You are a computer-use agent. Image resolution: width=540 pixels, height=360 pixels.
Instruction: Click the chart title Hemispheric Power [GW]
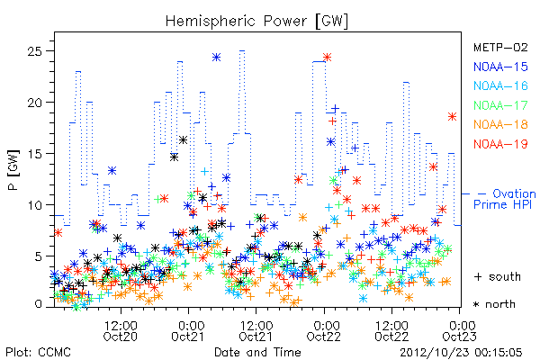(256, 21)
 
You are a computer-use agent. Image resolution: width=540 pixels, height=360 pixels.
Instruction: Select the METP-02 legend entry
(500, 47)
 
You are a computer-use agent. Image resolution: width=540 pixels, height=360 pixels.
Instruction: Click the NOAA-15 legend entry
(500, 67)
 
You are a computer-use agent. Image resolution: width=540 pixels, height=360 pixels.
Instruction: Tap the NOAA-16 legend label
(500, 85)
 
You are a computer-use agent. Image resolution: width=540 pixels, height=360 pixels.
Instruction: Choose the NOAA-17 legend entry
(500, 105)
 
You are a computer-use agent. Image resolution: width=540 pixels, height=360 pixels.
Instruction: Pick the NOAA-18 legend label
(500, 124)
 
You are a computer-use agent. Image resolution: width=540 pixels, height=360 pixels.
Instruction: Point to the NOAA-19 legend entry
(500, 144)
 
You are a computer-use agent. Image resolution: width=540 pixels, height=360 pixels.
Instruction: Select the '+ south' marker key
(498, 276)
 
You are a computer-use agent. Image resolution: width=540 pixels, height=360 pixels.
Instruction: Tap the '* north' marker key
(494, 304)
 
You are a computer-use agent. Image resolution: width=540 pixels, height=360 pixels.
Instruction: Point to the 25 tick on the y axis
(34, 51)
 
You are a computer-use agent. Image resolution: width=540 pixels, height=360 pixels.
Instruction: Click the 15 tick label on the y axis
(34, 154)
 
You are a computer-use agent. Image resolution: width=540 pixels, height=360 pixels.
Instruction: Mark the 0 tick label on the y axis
(38, 304)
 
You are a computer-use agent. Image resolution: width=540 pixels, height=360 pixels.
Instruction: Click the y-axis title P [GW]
(13, 170)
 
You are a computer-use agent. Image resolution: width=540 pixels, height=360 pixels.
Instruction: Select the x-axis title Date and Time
(257, 352)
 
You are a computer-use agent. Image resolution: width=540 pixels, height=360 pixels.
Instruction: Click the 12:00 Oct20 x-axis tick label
(121, 330)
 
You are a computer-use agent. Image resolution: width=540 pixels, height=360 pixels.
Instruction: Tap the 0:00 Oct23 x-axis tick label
(459, 330)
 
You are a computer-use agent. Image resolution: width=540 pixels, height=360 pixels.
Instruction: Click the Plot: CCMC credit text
(38, 352)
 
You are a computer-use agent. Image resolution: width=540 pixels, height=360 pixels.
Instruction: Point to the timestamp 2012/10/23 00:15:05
(461, 352)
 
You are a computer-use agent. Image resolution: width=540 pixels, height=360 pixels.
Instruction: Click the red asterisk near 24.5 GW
(327, 58)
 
